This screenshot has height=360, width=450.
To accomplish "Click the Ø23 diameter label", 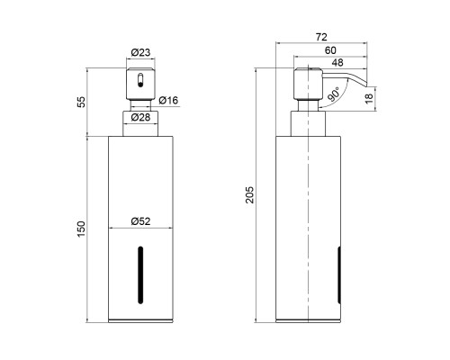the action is click(x=140, y=52).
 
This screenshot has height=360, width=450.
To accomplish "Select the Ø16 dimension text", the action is click(x=168, y=100).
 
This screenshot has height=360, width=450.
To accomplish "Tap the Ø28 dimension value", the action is click(x=140, y=117).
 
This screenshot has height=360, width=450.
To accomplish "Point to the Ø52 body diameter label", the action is click(x=140, y=221).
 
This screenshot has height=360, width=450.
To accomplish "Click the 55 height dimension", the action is click(x=81, y=102).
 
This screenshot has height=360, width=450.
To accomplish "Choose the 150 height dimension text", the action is click(x=81, y=229).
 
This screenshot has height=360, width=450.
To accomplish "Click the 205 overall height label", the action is click(x=249, y=195).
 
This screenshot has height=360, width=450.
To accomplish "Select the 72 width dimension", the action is click(x=321, y=37).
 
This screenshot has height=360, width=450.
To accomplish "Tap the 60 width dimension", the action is click(x=330, y=50).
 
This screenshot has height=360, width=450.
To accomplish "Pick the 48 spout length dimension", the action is click(x=337, y=63).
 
